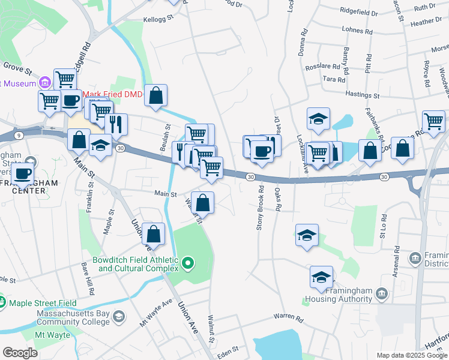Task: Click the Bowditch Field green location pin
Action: (x=188, y=262)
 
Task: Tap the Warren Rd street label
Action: (x=288, y=316)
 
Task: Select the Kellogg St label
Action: (x=158, y=19)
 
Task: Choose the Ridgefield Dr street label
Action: (x=359, y=12)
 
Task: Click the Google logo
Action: (x=20, y=353)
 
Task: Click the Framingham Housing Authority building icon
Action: (x=382, y=293)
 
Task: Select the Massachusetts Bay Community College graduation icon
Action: (x=119, y=317)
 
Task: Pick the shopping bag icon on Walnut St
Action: (x=204, y=202)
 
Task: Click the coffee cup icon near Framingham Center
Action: (x=23, y=173)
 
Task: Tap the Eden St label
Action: (x=228, y=348)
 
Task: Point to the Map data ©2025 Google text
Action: (x=411, y=355)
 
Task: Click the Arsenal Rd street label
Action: (x=397, y=256)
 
